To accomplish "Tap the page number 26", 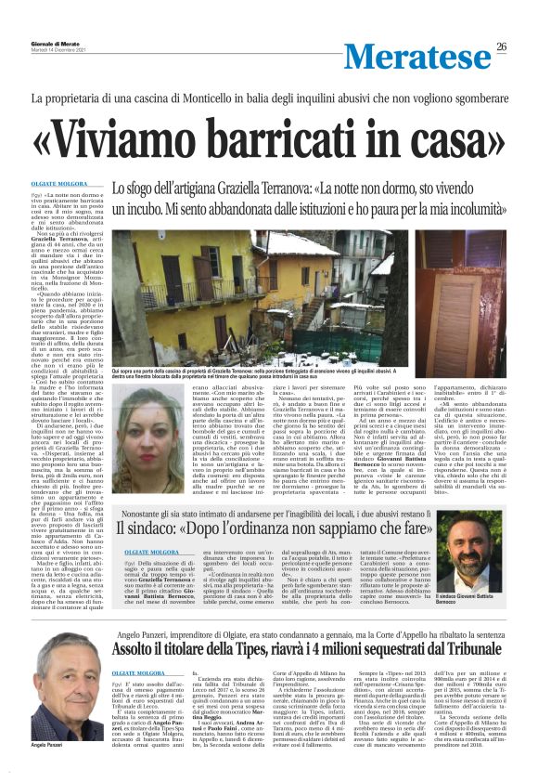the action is [x=501, y=47].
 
